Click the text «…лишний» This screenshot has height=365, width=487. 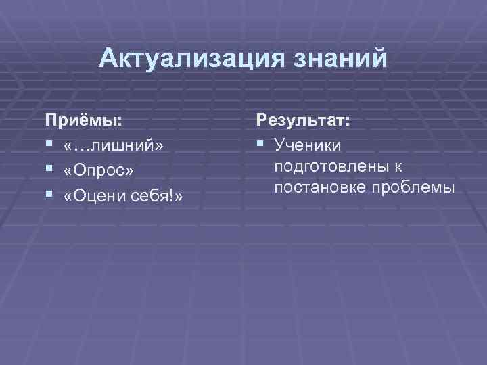pyautogui.click(x=114, y=147)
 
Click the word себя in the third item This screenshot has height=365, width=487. pyautogui.click(x=154, y=196)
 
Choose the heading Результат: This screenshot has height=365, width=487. pyautogui.click(x=302, y=121)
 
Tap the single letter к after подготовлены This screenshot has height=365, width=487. pyautogui.click(x=399, y=167)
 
